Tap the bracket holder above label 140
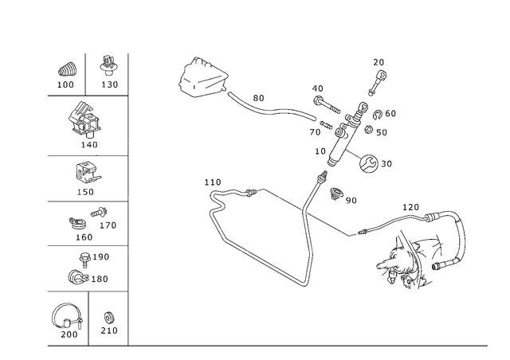click(x=84, y=120)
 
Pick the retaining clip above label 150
click(x=87, y=173)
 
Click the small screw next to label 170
click(x=99, y=213)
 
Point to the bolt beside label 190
click(x=84, y=260)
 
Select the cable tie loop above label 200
click(x=66, y=315)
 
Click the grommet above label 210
click(x=108, y=318)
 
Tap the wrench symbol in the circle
click(x=369, y=163)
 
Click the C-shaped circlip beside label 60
click(x=378, y=114)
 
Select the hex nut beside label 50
click(x=368, y=130)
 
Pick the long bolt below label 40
click(x=327, y=104)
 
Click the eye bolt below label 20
click(x=377, y=83)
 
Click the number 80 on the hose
click(x=258, y=98)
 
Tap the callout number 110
click(x=213, y=182)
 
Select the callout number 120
click(x=411, y=207)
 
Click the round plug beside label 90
click(x=336, y=194)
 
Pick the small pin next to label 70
click(x=326, y=124)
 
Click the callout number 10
click(x=320, y=151)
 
